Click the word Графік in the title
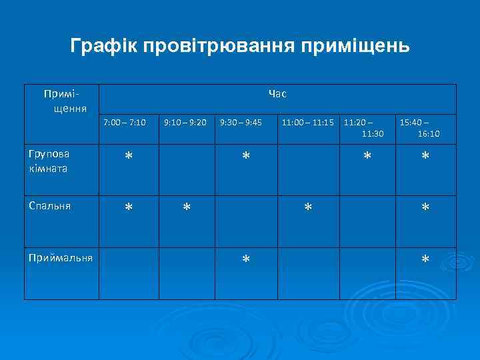point(103,46)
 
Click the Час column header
point(277,94)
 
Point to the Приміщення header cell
point(62,100)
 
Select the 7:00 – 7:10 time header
point(125,123)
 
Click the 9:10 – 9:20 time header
point(185,123)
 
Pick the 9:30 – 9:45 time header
point(241,123)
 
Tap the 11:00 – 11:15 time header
point(308,123)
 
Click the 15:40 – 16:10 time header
point(420,129)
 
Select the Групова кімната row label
point(50,161)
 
